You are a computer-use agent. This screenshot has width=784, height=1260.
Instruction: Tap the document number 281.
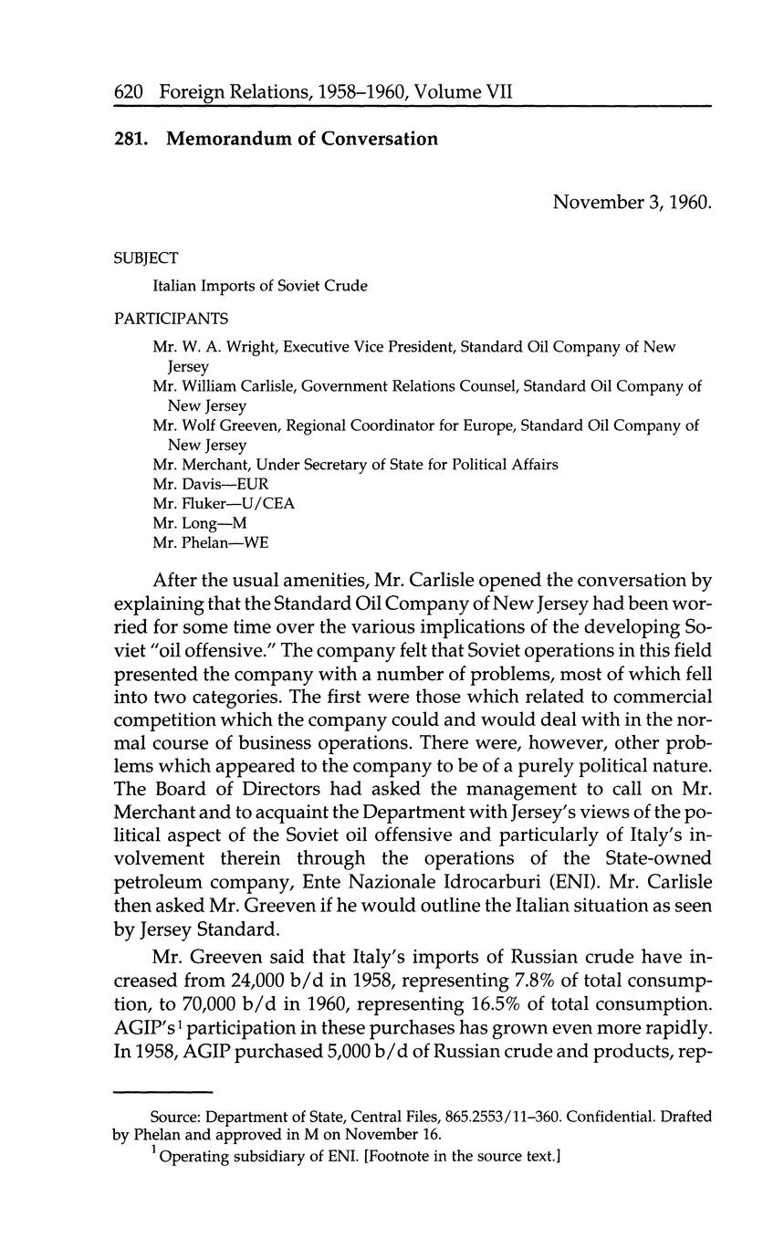coord(131,139)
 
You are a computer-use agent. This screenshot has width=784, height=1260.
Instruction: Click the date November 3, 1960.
coord(632,202)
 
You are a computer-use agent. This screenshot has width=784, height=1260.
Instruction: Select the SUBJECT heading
coord(146,258)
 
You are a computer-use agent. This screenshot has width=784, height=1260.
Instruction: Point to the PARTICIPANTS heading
coord(171,319)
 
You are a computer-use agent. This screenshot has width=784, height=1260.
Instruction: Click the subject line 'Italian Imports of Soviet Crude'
coord(260,286)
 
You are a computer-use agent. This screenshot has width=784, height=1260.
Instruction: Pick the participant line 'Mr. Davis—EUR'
coord(211,484)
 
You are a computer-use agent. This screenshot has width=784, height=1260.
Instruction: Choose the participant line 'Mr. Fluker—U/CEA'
coord(224,503)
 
